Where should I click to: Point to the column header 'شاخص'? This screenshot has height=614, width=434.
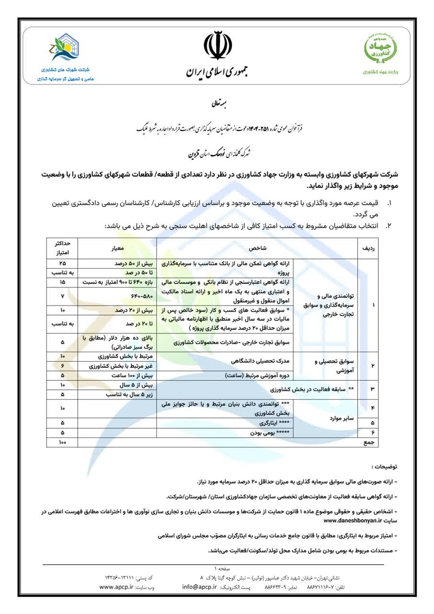(257, 248)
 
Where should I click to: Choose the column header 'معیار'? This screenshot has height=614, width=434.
(118, 248)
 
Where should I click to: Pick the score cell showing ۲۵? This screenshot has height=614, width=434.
(62, 264)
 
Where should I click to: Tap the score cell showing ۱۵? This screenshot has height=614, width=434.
(62, 282)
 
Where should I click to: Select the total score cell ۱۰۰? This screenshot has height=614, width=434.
(62, 442)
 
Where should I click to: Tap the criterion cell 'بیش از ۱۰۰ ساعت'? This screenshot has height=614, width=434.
(118, 375)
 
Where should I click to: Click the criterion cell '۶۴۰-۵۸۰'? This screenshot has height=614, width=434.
(118, 295)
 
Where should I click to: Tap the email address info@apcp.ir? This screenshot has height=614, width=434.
(199, 587)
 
